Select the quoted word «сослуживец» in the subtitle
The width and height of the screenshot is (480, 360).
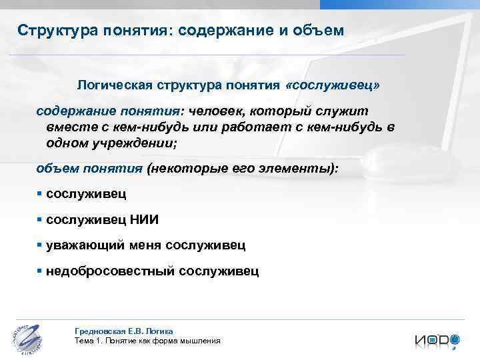point(342,86)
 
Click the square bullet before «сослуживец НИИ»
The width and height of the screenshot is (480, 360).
point(40,219)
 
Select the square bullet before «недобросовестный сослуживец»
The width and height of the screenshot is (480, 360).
point(40,271)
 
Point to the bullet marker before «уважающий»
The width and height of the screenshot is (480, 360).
point(40,245)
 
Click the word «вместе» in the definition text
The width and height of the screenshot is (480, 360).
point(65,126)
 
